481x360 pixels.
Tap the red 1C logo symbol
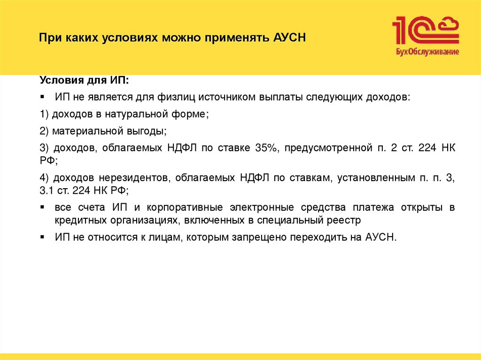coord(425,31)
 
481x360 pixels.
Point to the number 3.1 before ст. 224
coord(47,191)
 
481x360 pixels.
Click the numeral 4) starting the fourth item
coord(44,178)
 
